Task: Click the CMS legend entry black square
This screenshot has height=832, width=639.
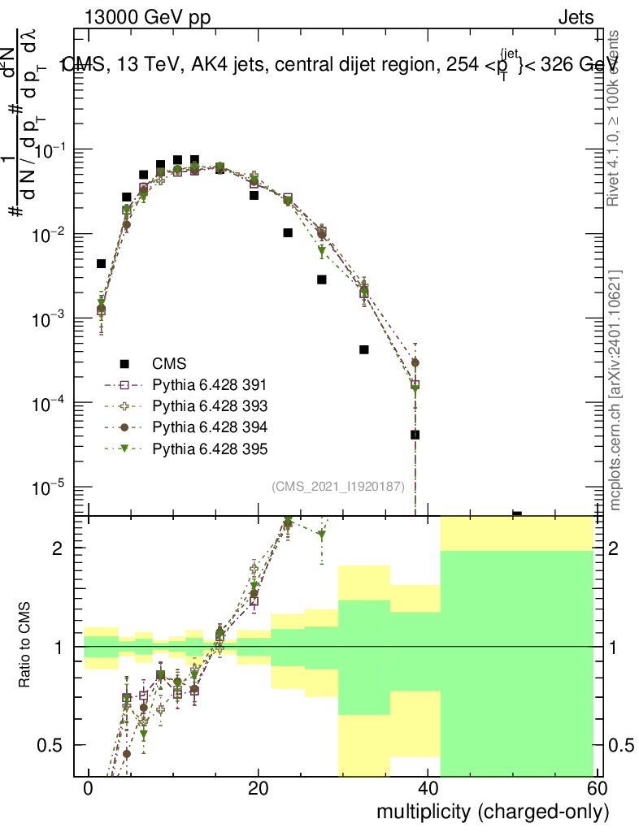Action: pyautogui.click(x=125, y=363)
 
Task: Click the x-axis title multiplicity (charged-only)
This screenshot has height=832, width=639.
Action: pyautogui.click(x=492, y=812)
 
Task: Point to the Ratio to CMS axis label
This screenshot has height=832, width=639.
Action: pyautogui.click(x=25, y=646)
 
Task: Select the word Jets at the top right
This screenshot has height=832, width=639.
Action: pyautogui.click(x=576, y=18)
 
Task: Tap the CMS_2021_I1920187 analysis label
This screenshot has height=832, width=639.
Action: pyautogui.click(x=345, y=486)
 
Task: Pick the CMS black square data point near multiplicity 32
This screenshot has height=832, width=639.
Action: pyautogui.click(x=364, y=349)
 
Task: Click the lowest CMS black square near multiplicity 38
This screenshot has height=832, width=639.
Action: pyautogui.click(x=415, y=435)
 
